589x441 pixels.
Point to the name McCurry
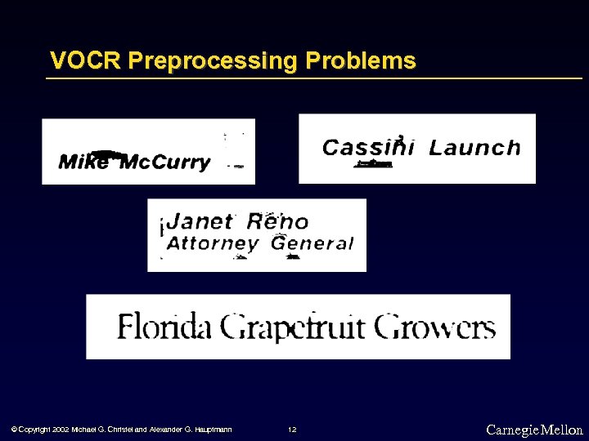click(x=165, y=163)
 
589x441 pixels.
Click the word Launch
click(x=474, y=148)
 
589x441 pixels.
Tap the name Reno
click(x=278, y=221)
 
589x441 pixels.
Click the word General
click(x=312, y=243)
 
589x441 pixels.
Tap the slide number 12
click(x=292, y=430)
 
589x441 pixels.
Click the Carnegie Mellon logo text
click(x=534, y=430)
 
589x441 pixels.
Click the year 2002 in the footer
click(x=60, y=430)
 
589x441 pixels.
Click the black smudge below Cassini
click(x=374, y=165)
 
